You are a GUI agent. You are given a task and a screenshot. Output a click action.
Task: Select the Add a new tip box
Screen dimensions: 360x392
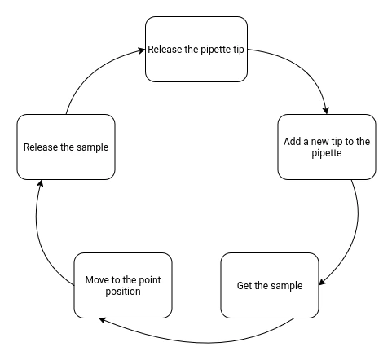[326, 147]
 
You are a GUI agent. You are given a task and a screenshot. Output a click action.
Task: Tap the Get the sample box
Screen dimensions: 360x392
[269, 285]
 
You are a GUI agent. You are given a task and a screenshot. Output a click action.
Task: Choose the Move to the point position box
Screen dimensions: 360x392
[122, 285]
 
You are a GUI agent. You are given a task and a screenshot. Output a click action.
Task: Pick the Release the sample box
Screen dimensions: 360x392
[66, 147]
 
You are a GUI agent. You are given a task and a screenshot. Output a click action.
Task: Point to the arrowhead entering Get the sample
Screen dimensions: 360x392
[323, 283]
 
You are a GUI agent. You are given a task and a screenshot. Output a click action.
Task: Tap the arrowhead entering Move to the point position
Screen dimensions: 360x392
[103, 320]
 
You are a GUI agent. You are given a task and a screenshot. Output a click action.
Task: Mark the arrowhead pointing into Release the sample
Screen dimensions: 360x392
[37, 183]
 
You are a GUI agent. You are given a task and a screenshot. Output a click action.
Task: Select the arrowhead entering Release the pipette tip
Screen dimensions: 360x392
[141, 50]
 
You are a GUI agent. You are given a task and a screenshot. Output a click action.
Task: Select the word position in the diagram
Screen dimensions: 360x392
[122, 292]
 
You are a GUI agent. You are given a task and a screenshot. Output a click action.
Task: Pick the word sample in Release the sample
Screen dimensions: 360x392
[92, 147]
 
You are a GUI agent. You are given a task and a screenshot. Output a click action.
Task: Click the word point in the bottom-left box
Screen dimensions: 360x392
[148, 280]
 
